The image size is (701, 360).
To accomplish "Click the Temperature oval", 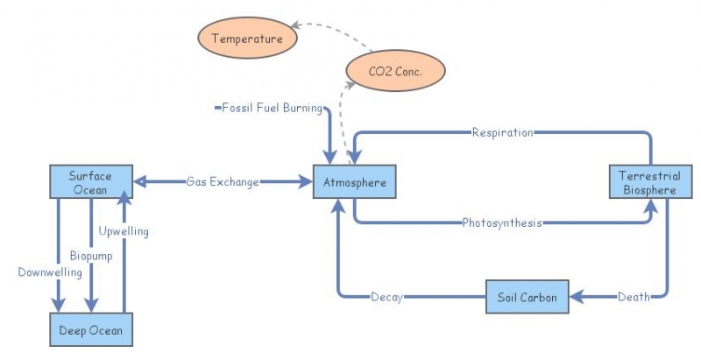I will pos(247,39).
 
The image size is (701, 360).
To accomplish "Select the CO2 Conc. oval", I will pos(396,72).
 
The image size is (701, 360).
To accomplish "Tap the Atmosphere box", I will pos(350,182).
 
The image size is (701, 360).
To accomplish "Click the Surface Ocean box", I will pos(90,181).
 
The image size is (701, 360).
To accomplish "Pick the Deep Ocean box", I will pos(91,330).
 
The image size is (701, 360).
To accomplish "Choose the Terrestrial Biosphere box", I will pos(648,182).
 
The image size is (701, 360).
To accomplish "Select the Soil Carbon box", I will pos(528,297).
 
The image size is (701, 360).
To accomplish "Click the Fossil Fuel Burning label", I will pos(272,109).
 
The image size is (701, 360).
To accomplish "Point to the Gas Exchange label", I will pos(223,182).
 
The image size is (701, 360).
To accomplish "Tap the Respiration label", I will pos(502,133).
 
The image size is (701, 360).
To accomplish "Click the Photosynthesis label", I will pos(501,222).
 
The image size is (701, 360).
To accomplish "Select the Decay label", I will pos(386,297).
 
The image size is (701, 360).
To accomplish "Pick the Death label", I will pos(634,297).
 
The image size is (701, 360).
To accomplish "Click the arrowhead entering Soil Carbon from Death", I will pos(577,297).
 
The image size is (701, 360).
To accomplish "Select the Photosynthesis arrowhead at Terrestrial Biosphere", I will pos(650,206).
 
